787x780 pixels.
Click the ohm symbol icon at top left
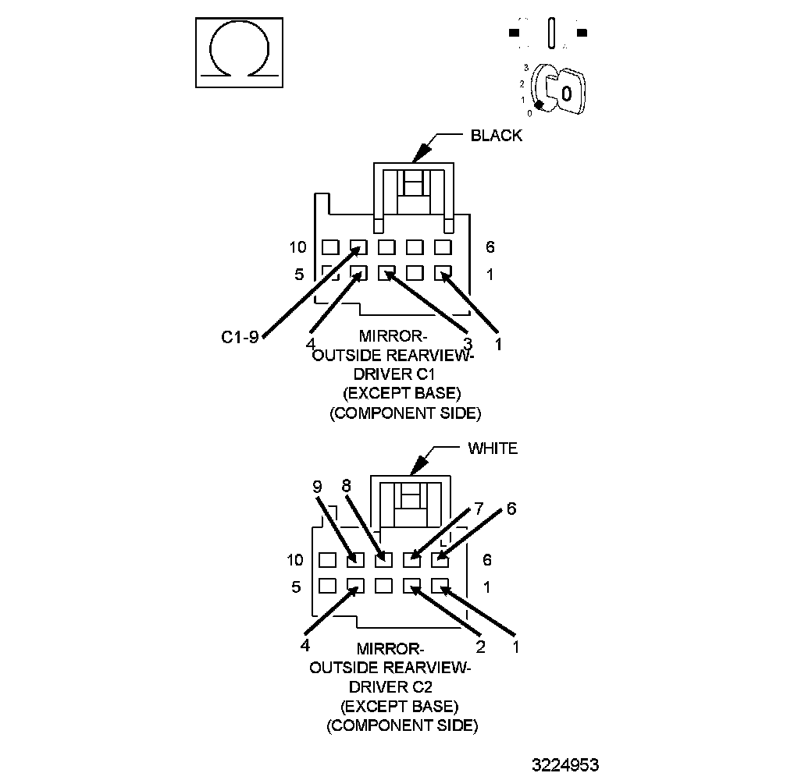click(237, 54)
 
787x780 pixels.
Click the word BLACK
click(496, 136)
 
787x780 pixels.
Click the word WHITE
click(492, 448)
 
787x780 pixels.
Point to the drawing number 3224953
click(566, 764)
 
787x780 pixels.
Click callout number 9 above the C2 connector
click(317, 487)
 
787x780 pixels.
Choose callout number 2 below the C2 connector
click(481, 646)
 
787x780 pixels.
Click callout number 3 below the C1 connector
click(467, 343)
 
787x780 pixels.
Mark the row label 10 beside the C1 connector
click(297, 247)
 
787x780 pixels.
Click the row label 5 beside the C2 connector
click(296, 587)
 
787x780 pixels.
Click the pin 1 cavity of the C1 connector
click(443, 273)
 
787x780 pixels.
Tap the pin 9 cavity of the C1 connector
click(358, 246)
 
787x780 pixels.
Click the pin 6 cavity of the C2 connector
click(440, 558)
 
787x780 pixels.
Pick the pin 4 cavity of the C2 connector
click(355, 585)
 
